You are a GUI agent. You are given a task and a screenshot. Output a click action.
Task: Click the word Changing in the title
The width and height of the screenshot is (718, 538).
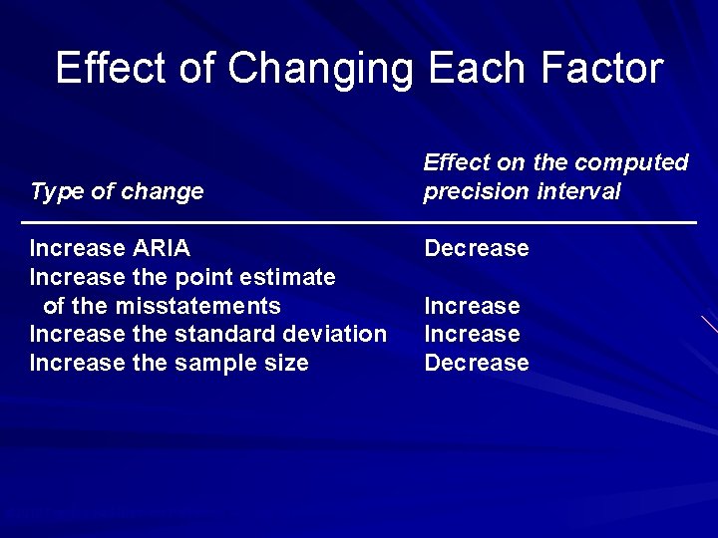pyautogui.click(x=321, y=69)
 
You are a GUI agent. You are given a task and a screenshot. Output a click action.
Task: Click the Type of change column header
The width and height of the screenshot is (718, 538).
pyautogui.click(x=117, y=191)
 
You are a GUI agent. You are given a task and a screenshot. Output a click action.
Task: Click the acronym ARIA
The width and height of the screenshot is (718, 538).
pyautogui.click(x=162, y=248)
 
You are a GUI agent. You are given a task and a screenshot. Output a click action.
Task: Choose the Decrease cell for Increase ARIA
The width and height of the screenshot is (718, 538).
pyautogui.click(x=476, y=248)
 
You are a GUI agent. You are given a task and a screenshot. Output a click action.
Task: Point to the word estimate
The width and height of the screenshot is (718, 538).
pyautogui.click(x=290, y=277)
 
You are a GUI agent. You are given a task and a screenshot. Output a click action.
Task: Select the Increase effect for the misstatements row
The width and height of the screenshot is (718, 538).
pyautogui.click(x=472, y=306)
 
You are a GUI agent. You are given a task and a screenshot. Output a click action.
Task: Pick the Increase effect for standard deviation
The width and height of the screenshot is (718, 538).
pyautogui.click(x=472, y=335)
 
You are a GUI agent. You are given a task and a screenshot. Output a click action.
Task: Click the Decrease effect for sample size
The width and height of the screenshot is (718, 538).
pyautogui.click(x=476, y=363)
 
